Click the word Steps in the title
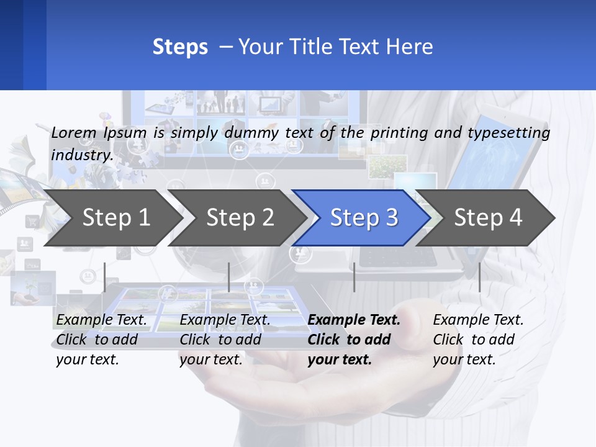pos(180,47)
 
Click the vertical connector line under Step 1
pos(105,277)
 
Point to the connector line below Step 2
pos(229,277)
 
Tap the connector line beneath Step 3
pos(354,277)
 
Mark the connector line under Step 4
pos(479,277)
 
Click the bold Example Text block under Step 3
pos(354,340)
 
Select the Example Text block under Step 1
pos(101,340)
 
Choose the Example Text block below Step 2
pos(225,340)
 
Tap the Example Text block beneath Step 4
pos(478,340)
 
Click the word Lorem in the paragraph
pos(74,133)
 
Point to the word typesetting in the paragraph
pos(508,133)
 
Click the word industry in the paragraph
pos(81,155)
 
